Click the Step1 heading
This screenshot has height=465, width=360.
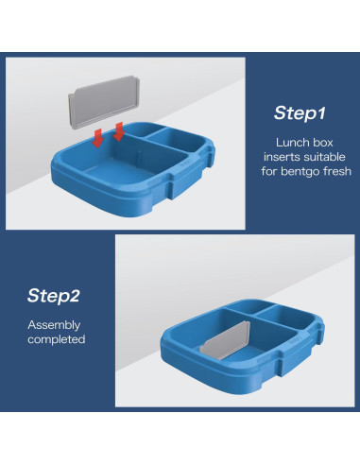tap(300, 112)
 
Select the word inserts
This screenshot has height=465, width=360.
tap(275, 156)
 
